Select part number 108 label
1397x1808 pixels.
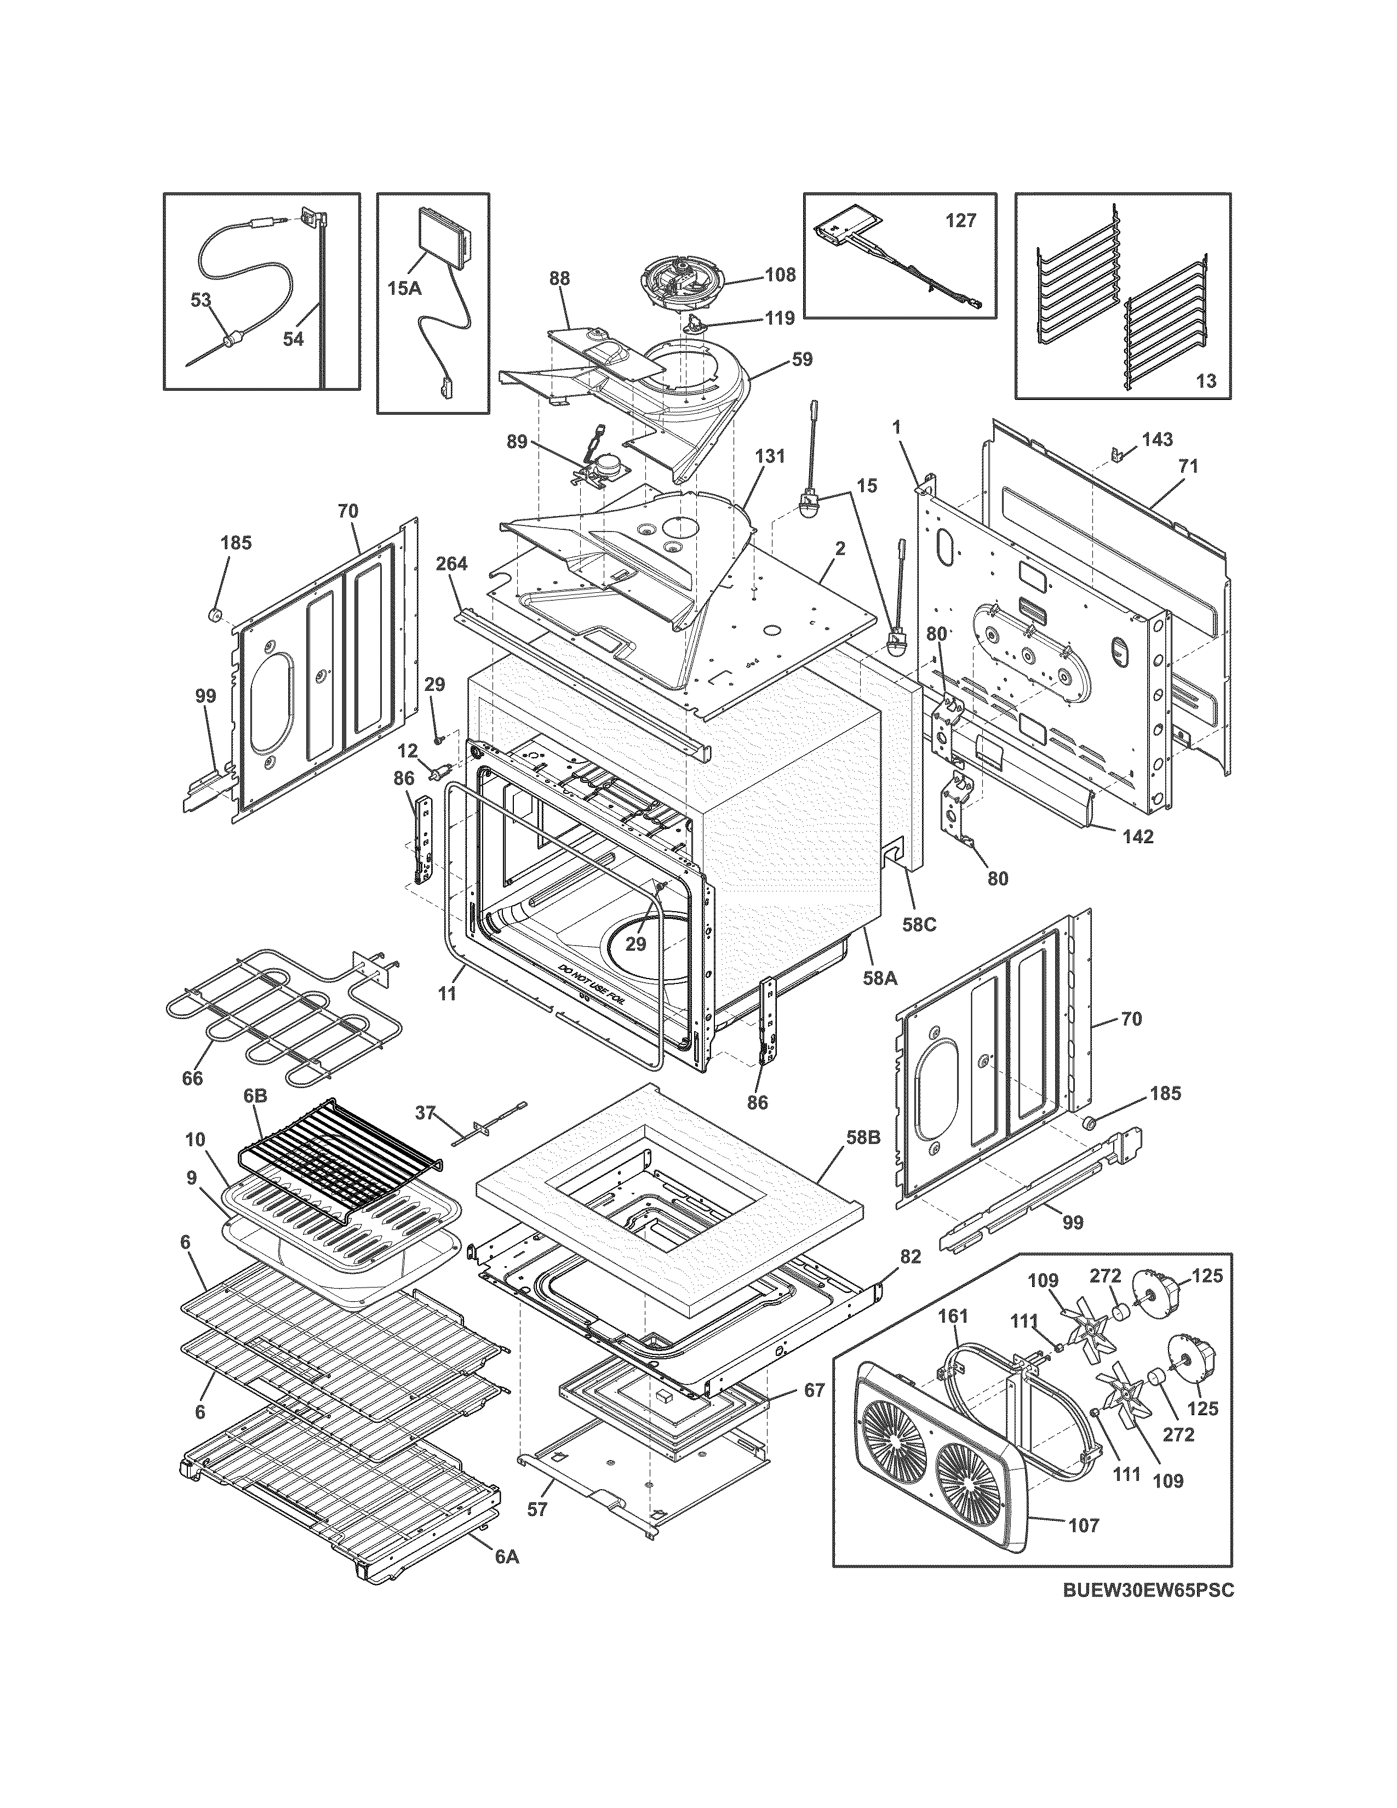tap(780, 274)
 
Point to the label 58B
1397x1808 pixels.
tap(864, 1137)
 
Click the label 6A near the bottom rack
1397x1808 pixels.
tap(507, 1557)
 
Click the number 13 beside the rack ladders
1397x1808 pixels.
tap(1206, 381)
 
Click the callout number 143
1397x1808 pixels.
tap(1157, 439)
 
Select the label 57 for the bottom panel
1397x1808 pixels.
tap(537, 1509)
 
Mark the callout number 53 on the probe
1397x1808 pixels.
tap(201, 300)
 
